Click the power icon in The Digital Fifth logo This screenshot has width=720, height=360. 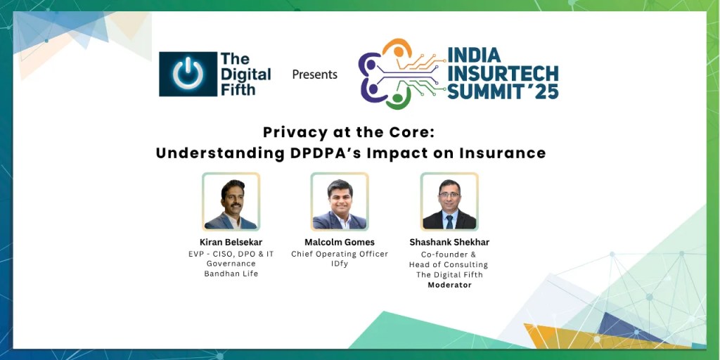point(188,74)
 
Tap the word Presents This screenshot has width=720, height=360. point(314,75)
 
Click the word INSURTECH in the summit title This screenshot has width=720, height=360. point(503,73)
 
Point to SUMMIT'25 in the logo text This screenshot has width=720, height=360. point(503,91)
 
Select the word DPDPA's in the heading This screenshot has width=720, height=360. point(329,153)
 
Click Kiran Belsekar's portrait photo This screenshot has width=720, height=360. point(231,202)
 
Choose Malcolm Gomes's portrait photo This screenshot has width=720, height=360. point(340,202)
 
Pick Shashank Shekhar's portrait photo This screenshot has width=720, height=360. point(449,202)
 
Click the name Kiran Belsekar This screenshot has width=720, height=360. point(231,243)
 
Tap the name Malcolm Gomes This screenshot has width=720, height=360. point(340,243)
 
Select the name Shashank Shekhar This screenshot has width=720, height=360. point(450,243)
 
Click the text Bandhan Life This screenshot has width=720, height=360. point(231,274)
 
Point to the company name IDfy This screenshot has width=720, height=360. point(340,264)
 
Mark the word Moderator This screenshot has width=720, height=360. point(450,285)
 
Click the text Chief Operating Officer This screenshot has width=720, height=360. point(340,254)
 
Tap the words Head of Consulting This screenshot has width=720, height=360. point(450,264)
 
